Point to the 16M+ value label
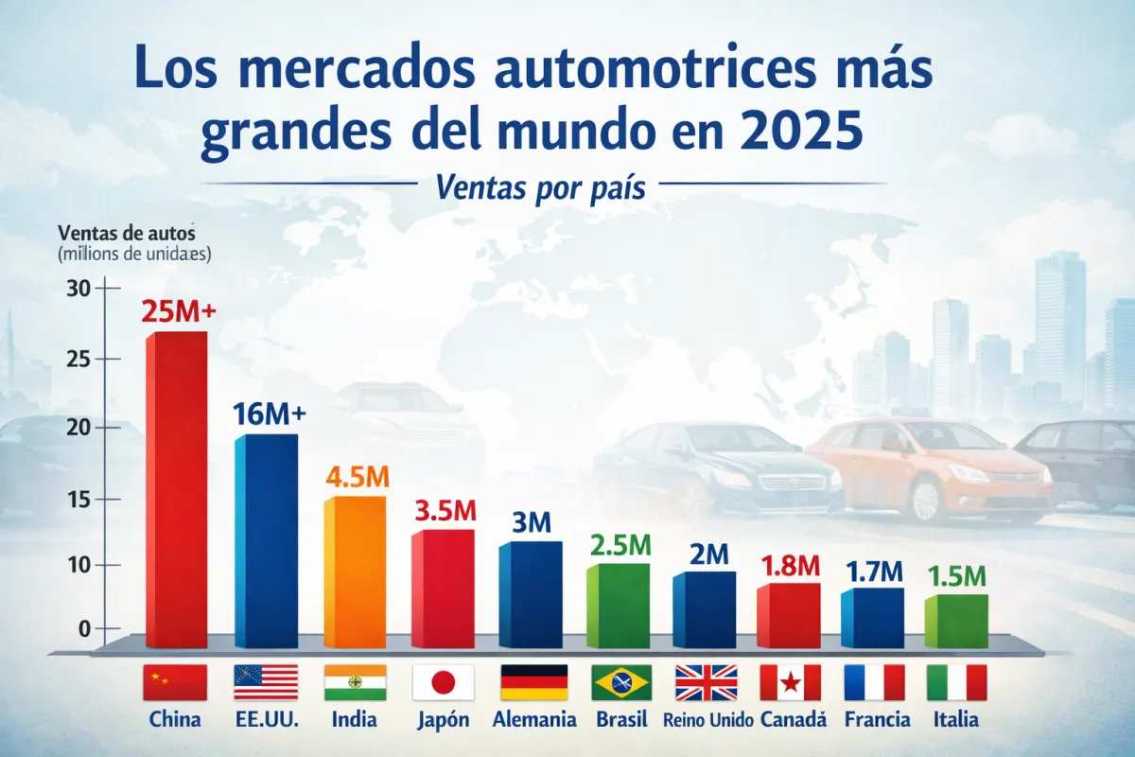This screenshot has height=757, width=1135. point(269,414)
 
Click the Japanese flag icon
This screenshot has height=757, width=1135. point(443,681)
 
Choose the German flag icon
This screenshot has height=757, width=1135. point(533,681)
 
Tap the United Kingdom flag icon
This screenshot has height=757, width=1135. point(706,681)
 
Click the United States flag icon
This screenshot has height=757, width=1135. point(266,681)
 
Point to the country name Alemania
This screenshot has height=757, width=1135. point(534,719)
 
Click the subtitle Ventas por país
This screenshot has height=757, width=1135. point(541,188)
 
